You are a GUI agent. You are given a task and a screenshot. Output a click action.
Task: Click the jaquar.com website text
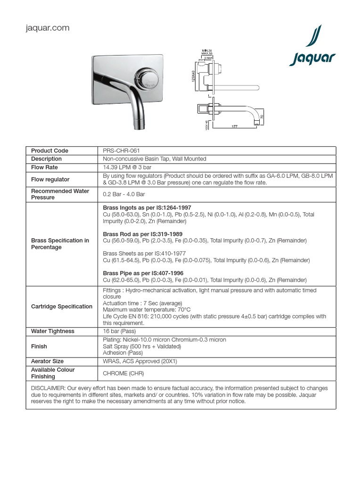click(x=47, y=28)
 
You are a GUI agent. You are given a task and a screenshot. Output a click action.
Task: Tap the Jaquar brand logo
click(x=312, y=49)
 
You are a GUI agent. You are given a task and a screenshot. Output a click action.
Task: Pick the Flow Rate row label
click(x=44, y=167)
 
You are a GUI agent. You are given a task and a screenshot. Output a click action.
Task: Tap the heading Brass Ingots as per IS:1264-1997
click(x=147, y=208)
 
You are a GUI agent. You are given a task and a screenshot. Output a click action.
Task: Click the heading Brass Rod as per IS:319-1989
click(x=143, y=234)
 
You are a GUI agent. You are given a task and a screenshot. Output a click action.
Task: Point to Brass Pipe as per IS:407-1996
click(x=143, y=273)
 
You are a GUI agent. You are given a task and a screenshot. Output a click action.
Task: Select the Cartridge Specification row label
click(x=62, y=307)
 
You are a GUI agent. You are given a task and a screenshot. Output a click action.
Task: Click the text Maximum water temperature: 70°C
click(x=147, y=310)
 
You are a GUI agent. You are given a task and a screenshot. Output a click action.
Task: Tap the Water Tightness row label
click(x=53, y=332)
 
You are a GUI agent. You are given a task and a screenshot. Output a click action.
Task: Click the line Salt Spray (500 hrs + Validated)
click(x=142, y=346)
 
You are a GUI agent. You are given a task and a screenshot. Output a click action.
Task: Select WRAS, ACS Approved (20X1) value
click(x=140, y=361)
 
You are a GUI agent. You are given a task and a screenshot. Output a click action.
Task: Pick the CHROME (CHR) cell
click(x=123, y=374)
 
